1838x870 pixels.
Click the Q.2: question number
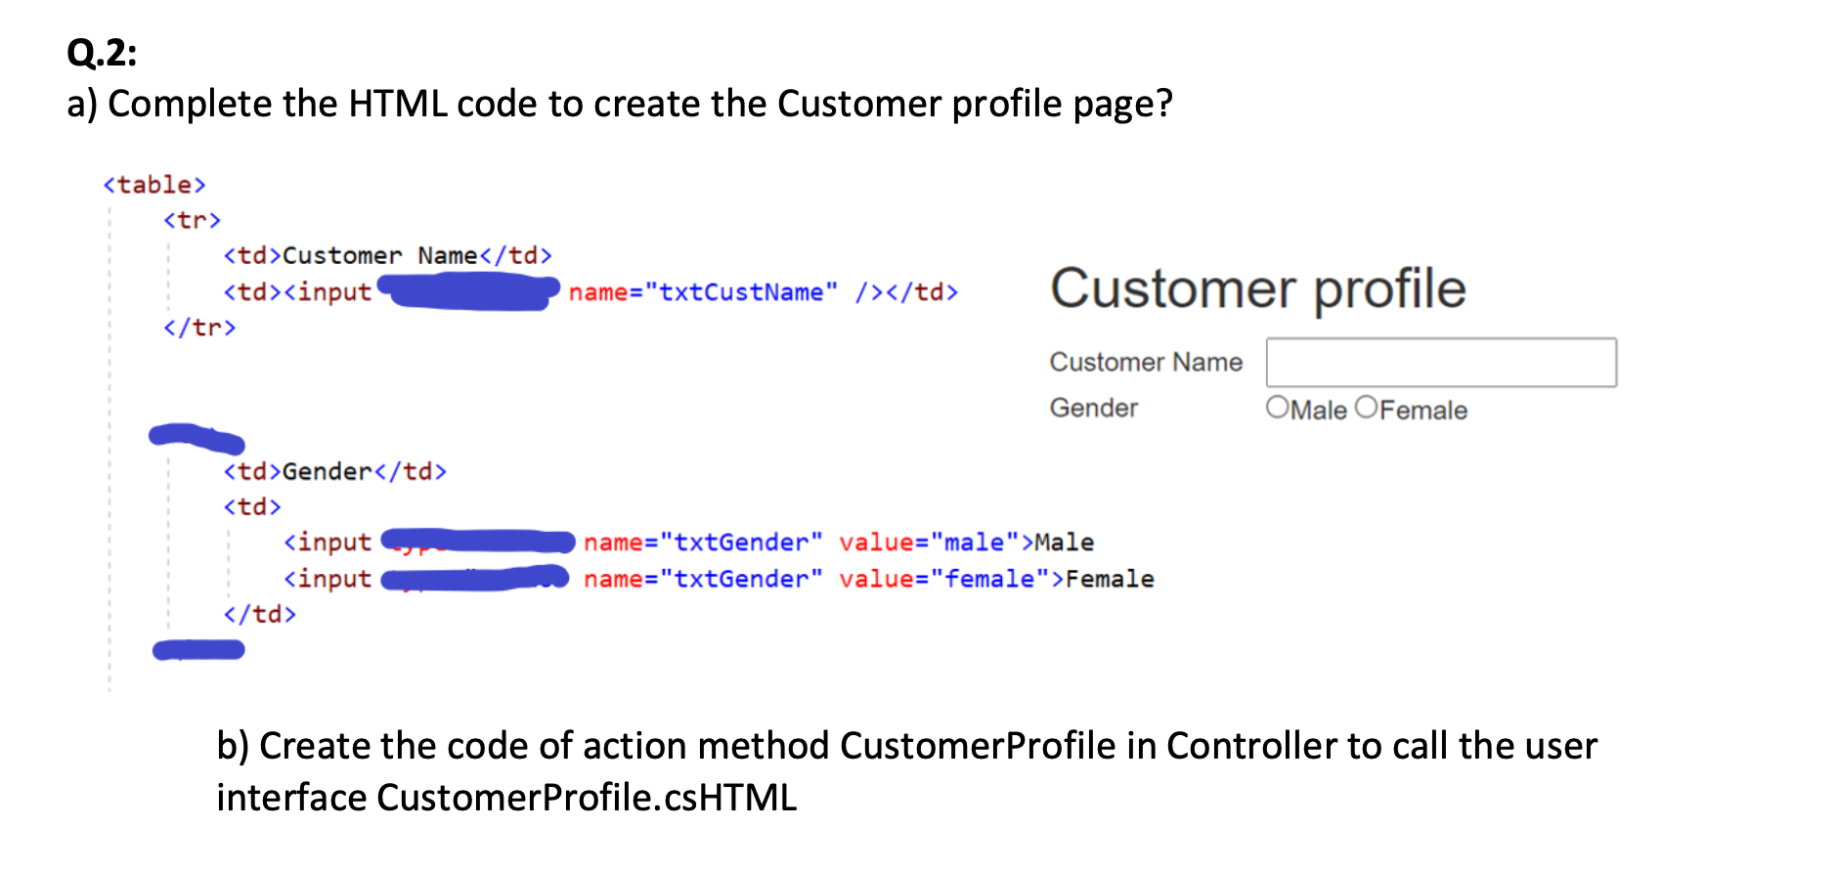(x=102, y=52)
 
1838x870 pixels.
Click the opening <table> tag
(x=154, y=185)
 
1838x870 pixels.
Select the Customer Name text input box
(x=1440, y=363)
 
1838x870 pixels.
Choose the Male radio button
(x=1277, y=408)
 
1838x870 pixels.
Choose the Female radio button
(x=1366, y=408)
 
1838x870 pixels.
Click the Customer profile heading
(x=1257, y=288)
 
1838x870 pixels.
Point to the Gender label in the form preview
(x=1093, y=408)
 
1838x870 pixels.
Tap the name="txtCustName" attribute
(x=703, y=292)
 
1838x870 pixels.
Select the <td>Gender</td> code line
(x=334, y=472)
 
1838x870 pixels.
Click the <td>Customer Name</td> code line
(x=387, y=256)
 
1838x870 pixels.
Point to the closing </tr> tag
(x=199, y=327)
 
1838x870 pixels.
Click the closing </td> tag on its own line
(x=259, y=614)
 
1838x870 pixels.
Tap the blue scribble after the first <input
(x=469, y=291)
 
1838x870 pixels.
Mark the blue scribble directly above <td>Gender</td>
(x=197, y=438)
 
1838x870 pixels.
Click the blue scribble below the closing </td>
(x=198, y=650)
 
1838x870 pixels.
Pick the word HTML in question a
(x=398, y=104)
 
